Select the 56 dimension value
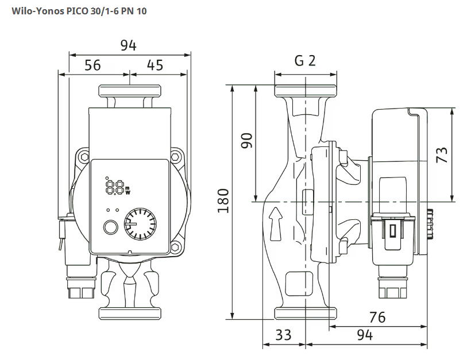[92, 65]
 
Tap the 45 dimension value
[155, 65]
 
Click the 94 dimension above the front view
[129, 46]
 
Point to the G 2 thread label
[305, 61]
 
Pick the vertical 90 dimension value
[246, 141]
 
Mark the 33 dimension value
[283, 335]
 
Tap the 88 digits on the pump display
[115, 187]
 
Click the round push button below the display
[110, 227]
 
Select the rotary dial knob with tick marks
[140, 224]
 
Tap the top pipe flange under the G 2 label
[305, 90]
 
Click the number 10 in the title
[141, 11]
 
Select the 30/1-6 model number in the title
[105, 11]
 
